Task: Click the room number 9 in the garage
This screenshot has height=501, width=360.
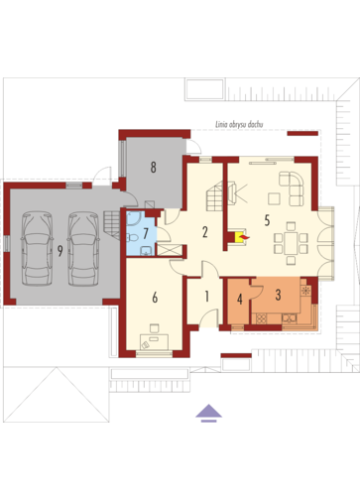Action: (x=60, y=251)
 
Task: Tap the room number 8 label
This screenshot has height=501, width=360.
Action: (x=154, y=168)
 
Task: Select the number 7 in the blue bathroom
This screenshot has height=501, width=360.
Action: (x=146, y=233)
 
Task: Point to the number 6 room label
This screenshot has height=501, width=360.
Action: (x=155, y=298)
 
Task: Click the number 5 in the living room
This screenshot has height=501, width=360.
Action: (x=267, y=220)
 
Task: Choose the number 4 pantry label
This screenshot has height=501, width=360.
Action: (x=240, y=300)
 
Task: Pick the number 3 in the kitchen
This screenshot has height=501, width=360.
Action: (x=278, y=295)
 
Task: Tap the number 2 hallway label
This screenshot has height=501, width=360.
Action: (x=205, y=232)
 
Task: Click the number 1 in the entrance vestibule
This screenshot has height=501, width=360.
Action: (x=207, y=297)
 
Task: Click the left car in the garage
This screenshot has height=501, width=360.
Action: (x=37, y=248)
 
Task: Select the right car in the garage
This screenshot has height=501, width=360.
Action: (x=83, y=248)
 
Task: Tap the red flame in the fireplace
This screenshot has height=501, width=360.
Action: (x=245, y=237)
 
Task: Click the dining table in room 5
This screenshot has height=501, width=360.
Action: (x=291, y=243)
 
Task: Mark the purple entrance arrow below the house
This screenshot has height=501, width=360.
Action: (x=208, y=413)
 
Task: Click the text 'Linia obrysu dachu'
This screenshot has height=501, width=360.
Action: (x=239, y=125)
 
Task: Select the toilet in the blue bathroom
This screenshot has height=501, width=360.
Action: (x=133, y=237)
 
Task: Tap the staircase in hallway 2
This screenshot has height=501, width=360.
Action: (x=215, y=196)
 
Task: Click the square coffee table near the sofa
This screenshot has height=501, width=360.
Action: (x=274, y=198)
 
